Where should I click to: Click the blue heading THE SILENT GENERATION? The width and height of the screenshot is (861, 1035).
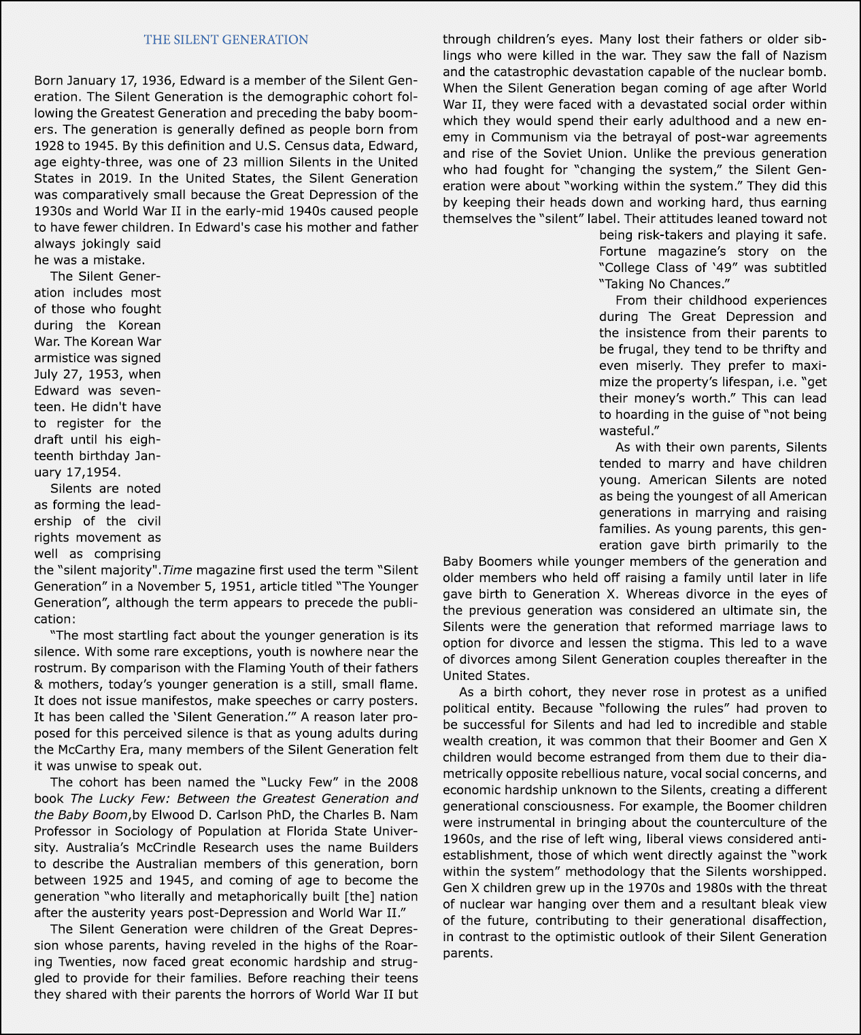(226, 40)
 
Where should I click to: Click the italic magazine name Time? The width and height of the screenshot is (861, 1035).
(177, 571)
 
